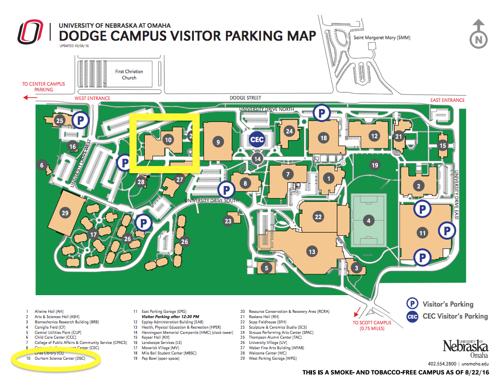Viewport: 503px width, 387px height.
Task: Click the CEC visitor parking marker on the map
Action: coord(257,139)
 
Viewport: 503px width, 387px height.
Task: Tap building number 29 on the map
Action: coord(65,213)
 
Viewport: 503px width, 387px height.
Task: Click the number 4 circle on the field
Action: coord(369,221)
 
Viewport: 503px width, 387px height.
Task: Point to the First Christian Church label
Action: coord(129,75)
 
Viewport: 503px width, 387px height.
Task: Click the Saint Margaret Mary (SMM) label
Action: coord(381,38)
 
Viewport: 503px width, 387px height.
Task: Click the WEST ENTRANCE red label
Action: coord(92,99)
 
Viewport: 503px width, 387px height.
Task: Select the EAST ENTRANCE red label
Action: coord(447,100)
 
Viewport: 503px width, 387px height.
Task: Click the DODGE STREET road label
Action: coord(244,98)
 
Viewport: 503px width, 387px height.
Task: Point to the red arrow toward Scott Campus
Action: coord(355,312)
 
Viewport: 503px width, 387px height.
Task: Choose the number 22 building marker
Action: coord(318,216)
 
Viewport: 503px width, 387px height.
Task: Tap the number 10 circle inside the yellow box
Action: coord(167,140)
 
